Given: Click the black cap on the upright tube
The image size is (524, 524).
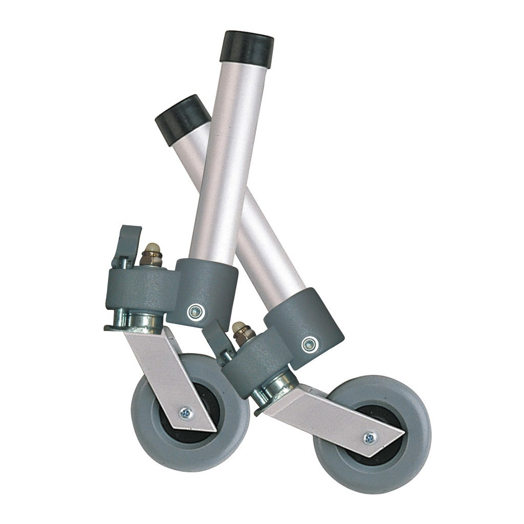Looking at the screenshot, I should click(x=247, y=49).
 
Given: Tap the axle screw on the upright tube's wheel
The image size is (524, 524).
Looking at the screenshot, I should click(x=186, y=412).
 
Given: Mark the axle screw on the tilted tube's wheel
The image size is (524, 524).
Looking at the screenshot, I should click(x=369, y=438).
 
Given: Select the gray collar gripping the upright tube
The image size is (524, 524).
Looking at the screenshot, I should click(x=205, y=292).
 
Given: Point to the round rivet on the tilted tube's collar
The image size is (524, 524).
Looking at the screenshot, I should click(x=309, y=344).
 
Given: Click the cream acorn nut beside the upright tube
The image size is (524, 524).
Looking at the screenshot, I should click(x=151, y=251).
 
